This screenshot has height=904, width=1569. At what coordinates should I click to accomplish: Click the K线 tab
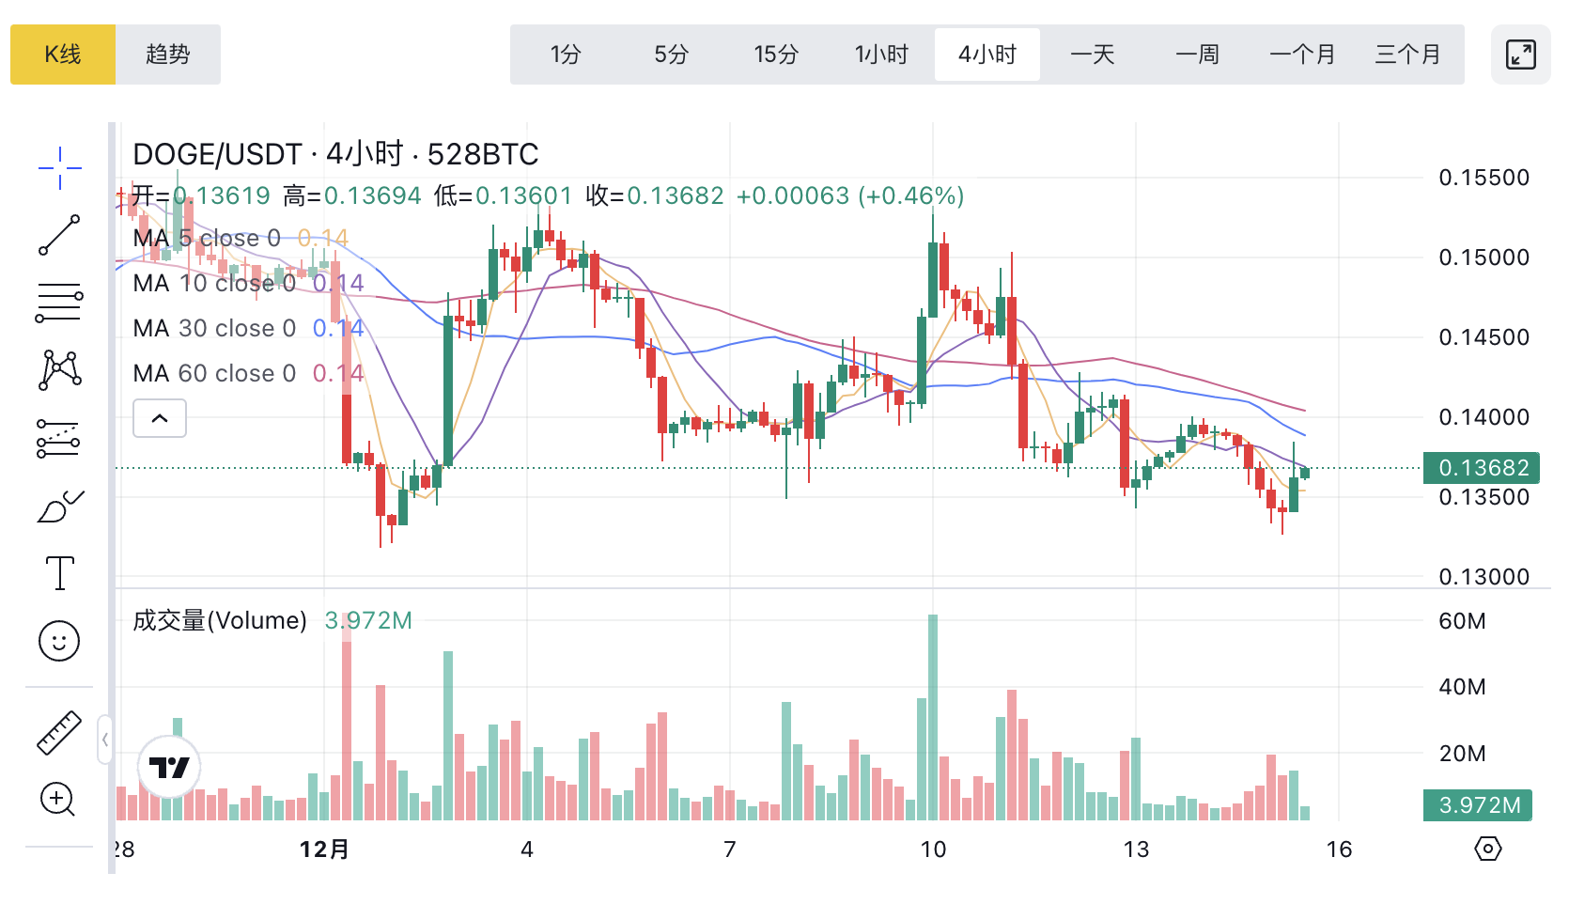tap(63, 55)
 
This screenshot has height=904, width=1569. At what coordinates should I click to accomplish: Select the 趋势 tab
tap(168, 55)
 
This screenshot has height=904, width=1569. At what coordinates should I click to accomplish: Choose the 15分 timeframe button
tap(776, 55)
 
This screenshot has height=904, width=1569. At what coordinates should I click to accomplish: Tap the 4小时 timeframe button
tap(987, 55)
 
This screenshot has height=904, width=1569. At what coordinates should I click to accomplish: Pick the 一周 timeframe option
tap(1197, 55)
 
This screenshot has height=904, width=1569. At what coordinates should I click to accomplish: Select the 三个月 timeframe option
tap(1407, 55)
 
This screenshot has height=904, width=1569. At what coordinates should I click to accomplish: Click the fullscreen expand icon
tap(1520, 55)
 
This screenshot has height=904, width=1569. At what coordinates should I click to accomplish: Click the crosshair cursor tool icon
tap(59, 168)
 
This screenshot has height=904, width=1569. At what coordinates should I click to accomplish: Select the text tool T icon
tap(59, 572)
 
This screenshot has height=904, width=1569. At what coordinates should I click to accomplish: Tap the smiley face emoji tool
tap(59, 641)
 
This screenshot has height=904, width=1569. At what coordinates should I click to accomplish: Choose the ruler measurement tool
tap(59, 733)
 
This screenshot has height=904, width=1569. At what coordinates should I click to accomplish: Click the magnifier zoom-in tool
tap(58, 800)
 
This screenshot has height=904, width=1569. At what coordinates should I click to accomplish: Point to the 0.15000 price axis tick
tap(1484, 257)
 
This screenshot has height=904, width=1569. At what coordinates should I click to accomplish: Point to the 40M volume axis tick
tap(1462, 687)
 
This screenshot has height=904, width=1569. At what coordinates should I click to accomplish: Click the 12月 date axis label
tap(324, 849)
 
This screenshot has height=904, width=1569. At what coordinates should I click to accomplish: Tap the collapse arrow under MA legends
tap(160, 418)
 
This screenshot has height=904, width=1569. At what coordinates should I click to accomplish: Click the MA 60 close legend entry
tap(214, 374)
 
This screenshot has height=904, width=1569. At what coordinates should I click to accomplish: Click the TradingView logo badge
tap(169, 768)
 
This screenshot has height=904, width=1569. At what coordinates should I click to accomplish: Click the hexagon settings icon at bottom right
tap(1487, 849)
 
